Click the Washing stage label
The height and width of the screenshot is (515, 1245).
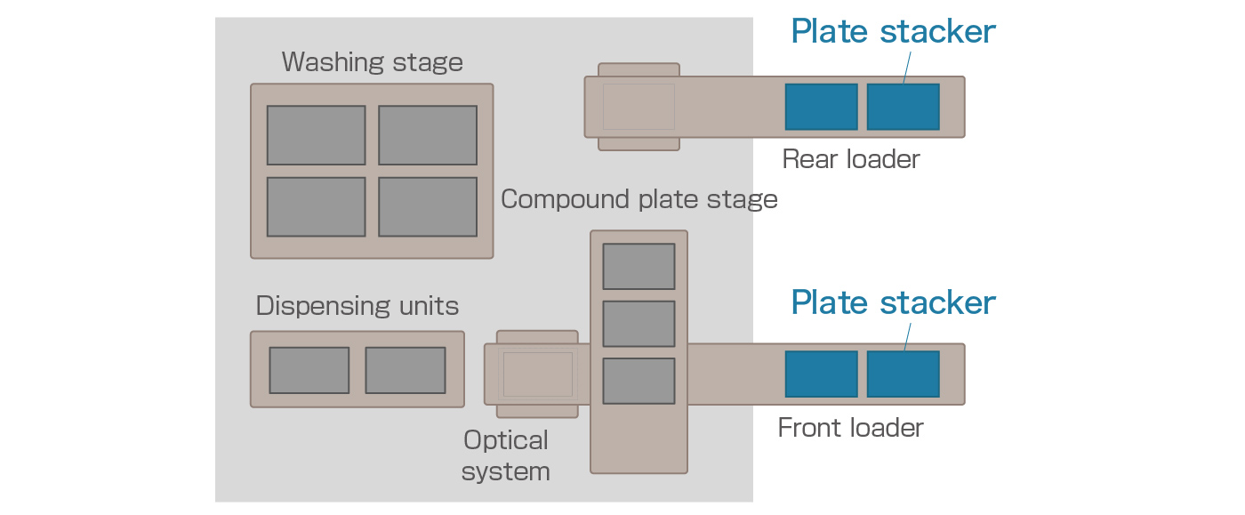click(x=372, y=63)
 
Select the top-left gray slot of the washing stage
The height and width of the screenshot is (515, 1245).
click(x=316, y=135)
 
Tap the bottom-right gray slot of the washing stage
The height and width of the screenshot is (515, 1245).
click(x=427, y=206)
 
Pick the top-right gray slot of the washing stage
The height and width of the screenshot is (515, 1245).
click(x=427, y=135)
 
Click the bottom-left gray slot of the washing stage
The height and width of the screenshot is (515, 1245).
click(x=316, y=206)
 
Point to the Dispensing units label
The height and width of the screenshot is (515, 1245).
click(x=357, y=307)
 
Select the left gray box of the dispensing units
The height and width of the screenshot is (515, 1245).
click(x=309, y=370)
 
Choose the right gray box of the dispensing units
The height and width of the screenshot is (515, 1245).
click(x=405, y=370)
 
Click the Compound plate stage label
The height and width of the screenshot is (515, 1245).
click(x=639, y=199)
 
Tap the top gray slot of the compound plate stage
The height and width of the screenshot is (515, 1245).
click(x=639, y=266)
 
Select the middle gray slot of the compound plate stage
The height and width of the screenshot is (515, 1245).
click(x=639, y=324)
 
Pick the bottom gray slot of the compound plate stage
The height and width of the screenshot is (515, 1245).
click(x=639, y=381)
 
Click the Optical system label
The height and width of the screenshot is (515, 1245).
click(x=506, y=455)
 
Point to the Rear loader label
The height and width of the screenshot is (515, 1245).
click(x=850, y=160)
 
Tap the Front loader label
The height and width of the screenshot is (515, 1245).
click(x=850, y=428)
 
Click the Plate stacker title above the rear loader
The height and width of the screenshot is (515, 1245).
click(x=893, y=33)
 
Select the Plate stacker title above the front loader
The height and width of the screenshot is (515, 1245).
click(x=893, y=303)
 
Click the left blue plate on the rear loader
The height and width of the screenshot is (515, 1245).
click(x=821, y=107)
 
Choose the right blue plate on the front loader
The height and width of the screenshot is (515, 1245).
click(x=903, y=374)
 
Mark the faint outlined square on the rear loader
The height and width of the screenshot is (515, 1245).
click(x=639, y=107)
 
